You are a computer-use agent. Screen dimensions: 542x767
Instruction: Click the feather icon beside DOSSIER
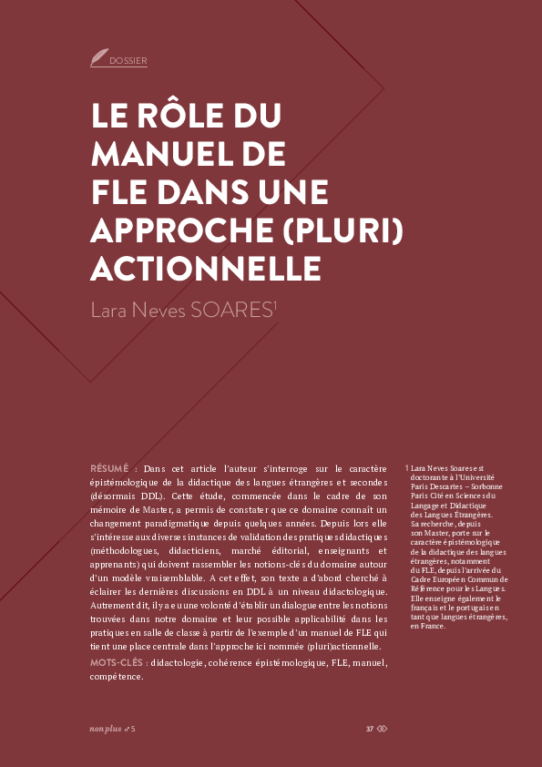(98, 58)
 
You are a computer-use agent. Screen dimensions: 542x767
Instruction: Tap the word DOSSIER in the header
(128, 61)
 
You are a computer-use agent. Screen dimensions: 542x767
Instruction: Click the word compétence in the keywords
(117, 676)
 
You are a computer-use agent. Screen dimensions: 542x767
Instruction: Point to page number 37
(370, 729)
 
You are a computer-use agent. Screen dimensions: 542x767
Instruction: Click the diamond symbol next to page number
(383, 729)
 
